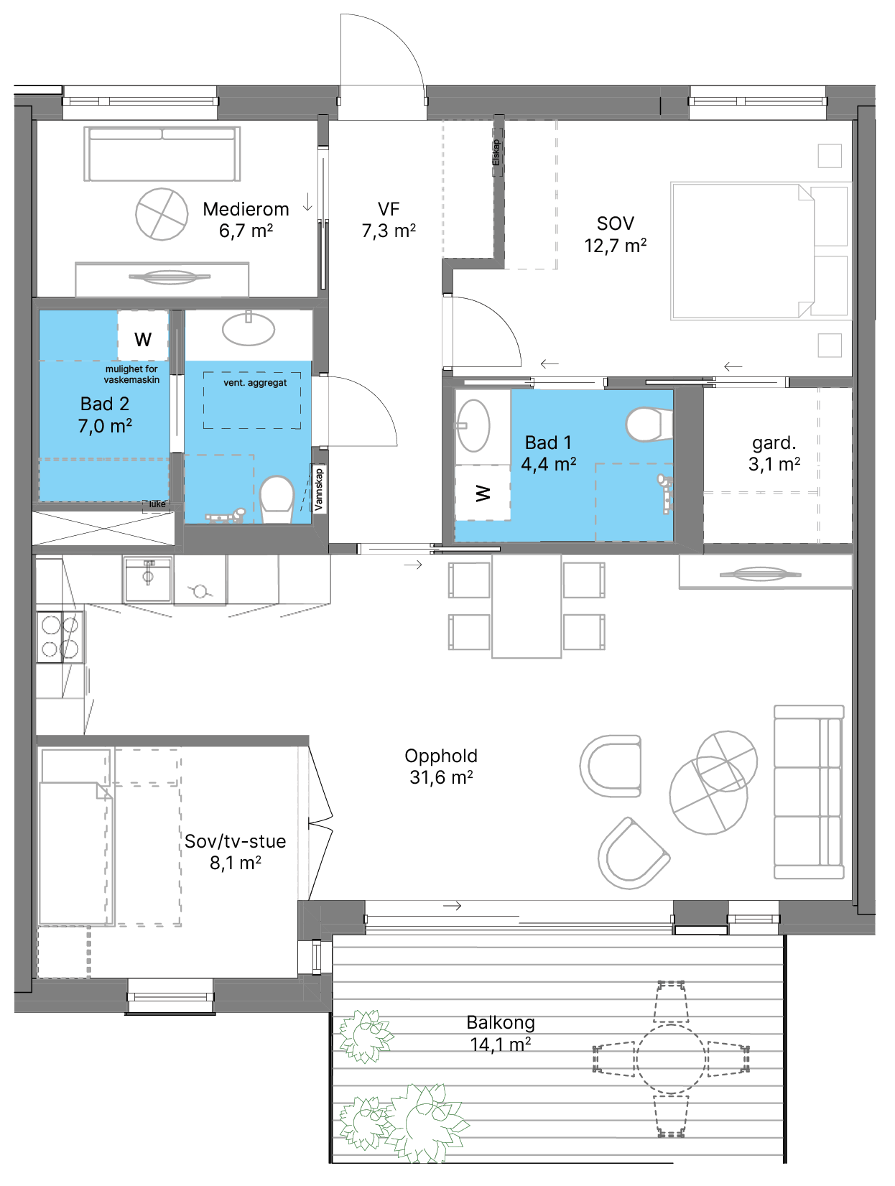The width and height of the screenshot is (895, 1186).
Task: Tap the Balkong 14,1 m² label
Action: (500, 1032)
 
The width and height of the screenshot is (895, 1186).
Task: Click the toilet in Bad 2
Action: (277, 499)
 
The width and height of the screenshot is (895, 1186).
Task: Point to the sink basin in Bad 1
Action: (473, 426)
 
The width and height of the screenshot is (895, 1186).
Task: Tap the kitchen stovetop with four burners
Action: (60, 636)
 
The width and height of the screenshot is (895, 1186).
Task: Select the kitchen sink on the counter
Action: (148, 579)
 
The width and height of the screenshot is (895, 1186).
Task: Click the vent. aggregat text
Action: (255, 383)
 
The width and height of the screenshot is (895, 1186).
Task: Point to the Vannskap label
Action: (319, 489)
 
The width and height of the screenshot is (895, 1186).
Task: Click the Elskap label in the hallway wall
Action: (497, 153)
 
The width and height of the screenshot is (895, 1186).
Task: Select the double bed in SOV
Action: (759, 251)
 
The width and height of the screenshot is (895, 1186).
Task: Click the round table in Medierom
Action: (162, 214)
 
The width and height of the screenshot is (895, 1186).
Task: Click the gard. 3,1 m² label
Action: (774, 453)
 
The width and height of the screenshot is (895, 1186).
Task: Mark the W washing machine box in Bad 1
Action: (483, 493)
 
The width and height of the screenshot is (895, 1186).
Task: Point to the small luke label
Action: (157, 504)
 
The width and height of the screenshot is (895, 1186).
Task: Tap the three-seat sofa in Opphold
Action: (809, 792)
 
